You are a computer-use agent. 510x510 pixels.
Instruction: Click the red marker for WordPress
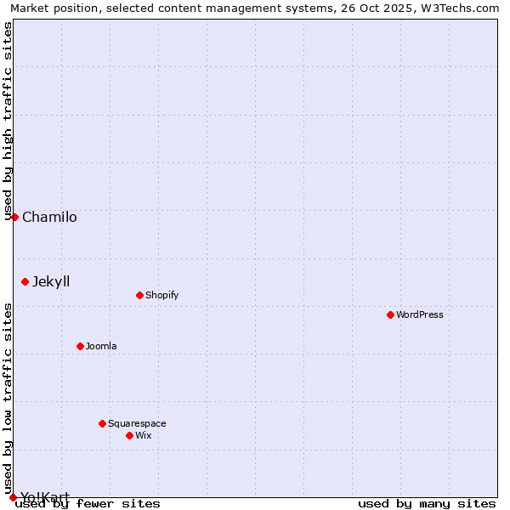(x=390, y=314)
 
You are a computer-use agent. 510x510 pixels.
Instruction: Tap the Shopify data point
(x=139, y=295)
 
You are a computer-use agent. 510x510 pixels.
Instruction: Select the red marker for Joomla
(x=80, y=346)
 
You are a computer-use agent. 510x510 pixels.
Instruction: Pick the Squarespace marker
(x=102, y=423)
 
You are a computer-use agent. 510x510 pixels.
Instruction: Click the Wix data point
(x=129, y=435)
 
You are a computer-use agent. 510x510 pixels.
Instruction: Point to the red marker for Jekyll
(x=25, y=281)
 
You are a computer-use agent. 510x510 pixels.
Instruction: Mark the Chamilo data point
(x=14, y=217)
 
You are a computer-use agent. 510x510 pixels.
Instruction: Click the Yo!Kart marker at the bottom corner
(x=13, y=497)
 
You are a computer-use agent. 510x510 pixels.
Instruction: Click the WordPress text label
(x=420, y=314)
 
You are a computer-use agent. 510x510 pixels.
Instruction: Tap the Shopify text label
(x=161, y=295)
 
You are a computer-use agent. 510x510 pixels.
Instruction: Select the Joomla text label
(x=101, y=346)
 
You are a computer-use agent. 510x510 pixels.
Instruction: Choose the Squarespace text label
(x=137, y=423)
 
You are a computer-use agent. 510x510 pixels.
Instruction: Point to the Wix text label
(x=143, y=435)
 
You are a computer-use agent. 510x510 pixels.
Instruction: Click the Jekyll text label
(x=51, y=281)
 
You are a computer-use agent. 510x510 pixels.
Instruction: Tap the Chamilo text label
(x=49, y=217)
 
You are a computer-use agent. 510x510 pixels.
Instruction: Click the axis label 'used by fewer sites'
(x=88, y=503)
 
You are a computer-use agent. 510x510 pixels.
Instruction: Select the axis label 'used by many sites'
(x=427, y=503)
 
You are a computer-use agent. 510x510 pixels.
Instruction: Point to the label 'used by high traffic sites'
(x=8, y=121)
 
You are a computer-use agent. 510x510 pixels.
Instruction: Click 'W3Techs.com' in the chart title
(x=464, y=8)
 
